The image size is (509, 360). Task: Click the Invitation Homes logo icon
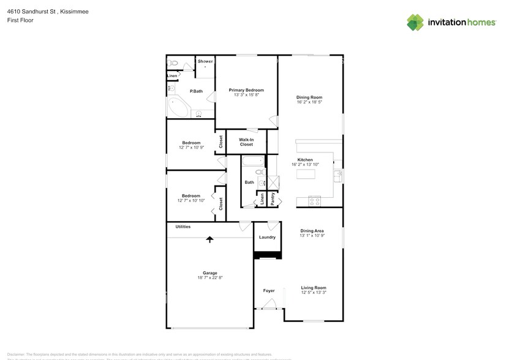(x=415, y=22)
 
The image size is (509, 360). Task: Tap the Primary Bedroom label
(x=247, y=90)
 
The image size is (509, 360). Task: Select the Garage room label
(x=210, y=273)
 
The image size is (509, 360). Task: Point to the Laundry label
(x=267, y=237)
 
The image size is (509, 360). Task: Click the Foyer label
(x=269, y=291)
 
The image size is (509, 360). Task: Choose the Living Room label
(x=313, y=288)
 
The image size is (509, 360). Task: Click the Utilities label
(x=183, y=227)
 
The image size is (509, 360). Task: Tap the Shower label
(x=205, y=61)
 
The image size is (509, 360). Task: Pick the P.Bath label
(x=196, y=91)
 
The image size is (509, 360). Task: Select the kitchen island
(x=309, y=174)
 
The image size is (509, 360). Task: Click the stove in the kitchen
(x=315, y=200)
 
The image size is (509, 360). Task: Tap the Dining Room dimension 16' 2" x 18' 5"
(x=309, y=102)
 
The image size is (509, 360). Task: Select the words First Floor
(x=20, y=20)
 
